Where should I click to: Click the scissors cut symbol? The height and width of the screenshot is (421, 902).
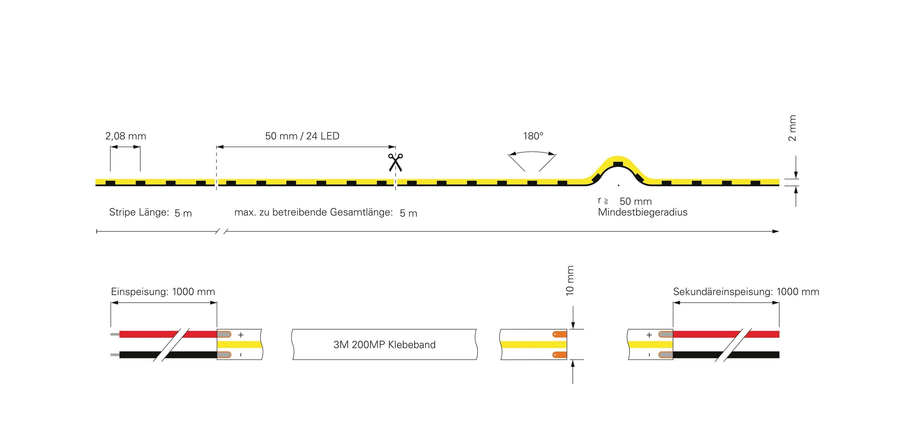pyautogui.click(x=395, y=162)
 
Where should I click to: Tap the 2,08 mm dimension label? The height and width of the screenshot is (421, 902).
pyautogui.click(x=126, y=136)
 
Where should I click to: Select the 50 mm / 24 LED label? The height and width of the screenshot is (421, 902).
pyautogui.click(x=302, y=136)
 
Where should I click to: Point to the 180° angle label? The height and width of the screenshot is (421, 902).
pyautogui.click(x=533, y=136)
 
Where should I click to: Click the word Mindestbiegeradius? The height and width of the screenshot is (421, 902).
pyautogui.click(x=643, y=212)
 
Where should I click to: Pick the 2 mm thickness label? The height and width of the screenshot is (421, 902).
pyautogui.click(x=792, y=128)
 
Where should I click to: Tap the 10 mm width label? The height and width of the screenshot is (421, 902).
pyautogui.click(x=570, y=281)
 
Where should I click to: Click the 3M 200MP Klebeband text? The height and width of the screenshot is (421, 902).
pyautogui.click(x=385, y=345)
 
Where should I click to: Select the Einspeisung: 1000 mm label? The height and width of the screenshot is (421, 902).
pyautogui.click(x=163, y=292)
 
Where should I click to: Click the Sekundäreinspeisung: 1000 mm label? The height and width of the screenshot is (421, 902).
pyautogui.click(x=746, y=292)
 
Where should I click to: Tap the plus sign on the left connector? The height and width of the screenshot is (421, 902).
pyautogui.click(x=241, y=335)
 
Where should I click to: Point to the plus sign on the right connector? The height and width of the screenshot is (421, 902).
pyautogui.click(x=649, y=335)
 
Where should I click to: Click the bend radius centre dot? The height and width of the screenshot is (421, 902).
pyautogui.click(x=619, y=185)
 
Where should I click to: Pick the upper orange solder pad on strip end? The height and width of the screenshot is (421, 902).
pyautogui.click(x=560, y=334)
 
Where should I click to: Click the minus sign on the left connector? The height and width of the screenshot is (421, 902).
pyautogui.click(x=241, y=355)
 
